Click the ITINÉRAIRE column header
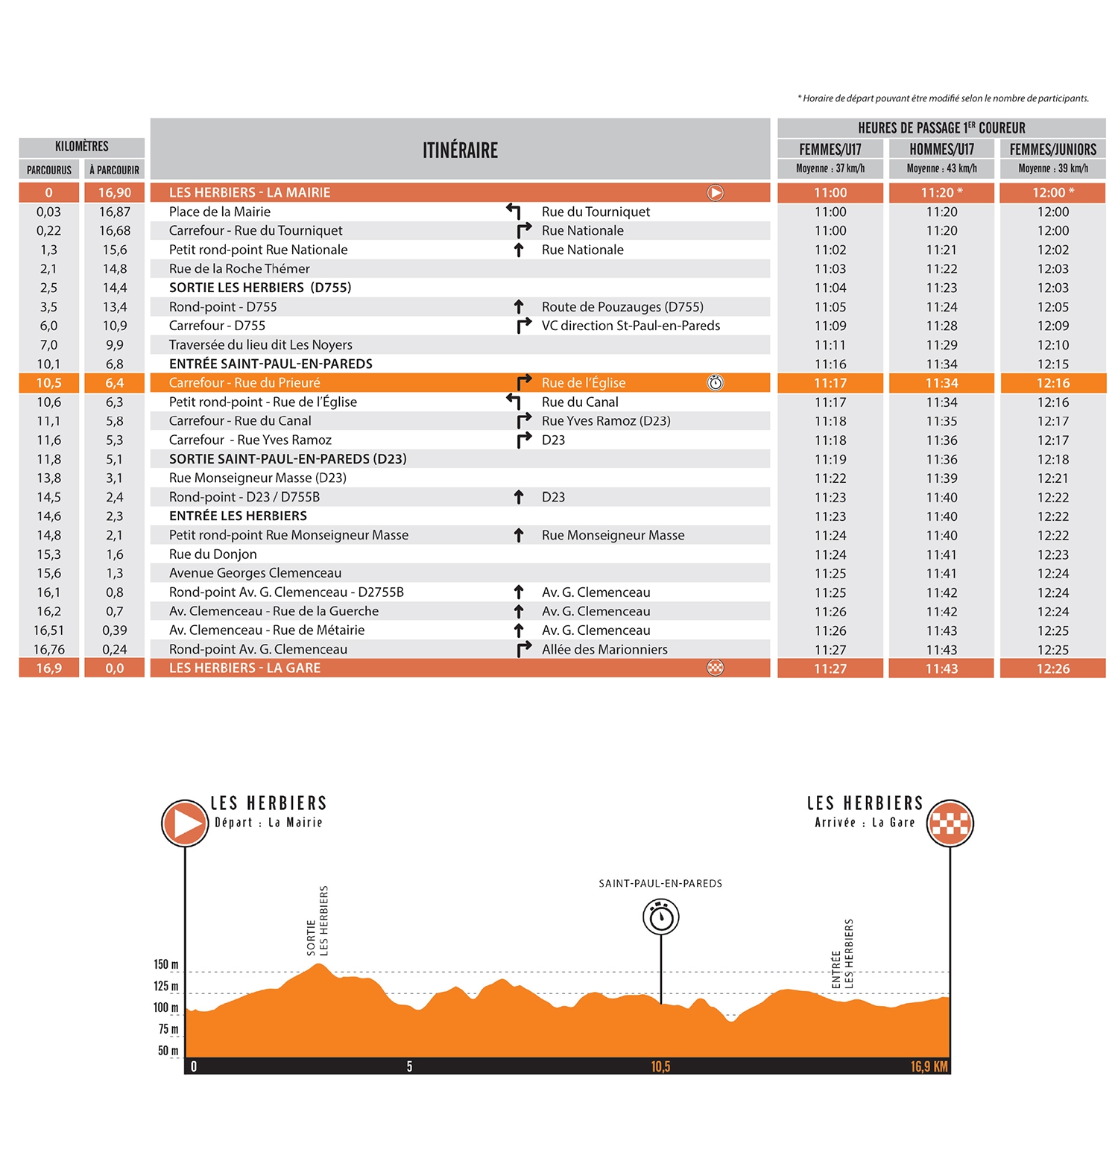tap(460, 150)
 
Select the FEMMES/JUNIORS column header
tap(1052, 149)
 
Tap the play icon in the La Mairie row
tap(715, 193)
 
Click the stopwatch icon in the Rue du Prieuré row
tap(715, 383)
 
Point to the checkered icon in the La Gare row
tap(715, 668)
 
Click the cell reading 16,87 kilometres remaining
tap(115, 212)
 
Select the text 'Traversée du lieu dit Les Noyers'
tap(260, 345)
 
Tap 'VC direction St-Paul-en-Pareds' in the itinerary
tap(631, 326)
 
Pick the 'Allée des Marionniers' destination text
tap(604, 649)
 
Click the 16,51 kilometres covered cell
tap(49, 630)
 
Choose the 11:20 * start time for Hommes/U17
tap(941, 193)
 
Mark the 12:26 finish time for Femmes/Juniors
tap(1052, 668)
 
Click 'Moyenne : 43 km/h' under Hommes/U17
tap(941, 168)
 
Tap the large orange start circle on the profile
tap(185, 823)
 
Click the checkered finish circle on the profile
tap(950, 823)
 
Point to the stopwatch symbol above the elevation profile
tap(661, 917)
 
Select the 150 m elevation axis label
tap(166, 964)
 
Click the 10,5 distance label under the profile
tap(660, 1066)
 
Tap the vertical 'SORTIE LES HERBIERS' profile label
tap(318, 921)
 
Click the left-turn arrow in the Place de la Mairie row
tap(514, 212)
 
